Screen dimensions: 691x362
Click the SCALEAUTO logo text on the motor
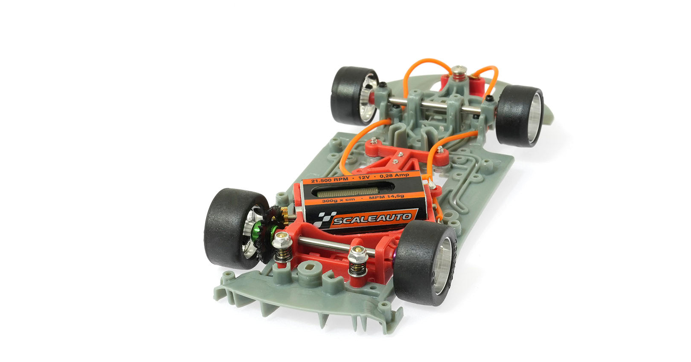(372, 219)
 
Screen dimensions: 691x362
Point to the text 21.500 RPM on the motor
(329, 180)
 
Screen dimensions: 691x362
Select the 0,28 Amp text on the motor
(394, 175)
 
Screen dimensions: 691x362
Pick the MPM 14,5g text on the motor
(386, 196)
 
